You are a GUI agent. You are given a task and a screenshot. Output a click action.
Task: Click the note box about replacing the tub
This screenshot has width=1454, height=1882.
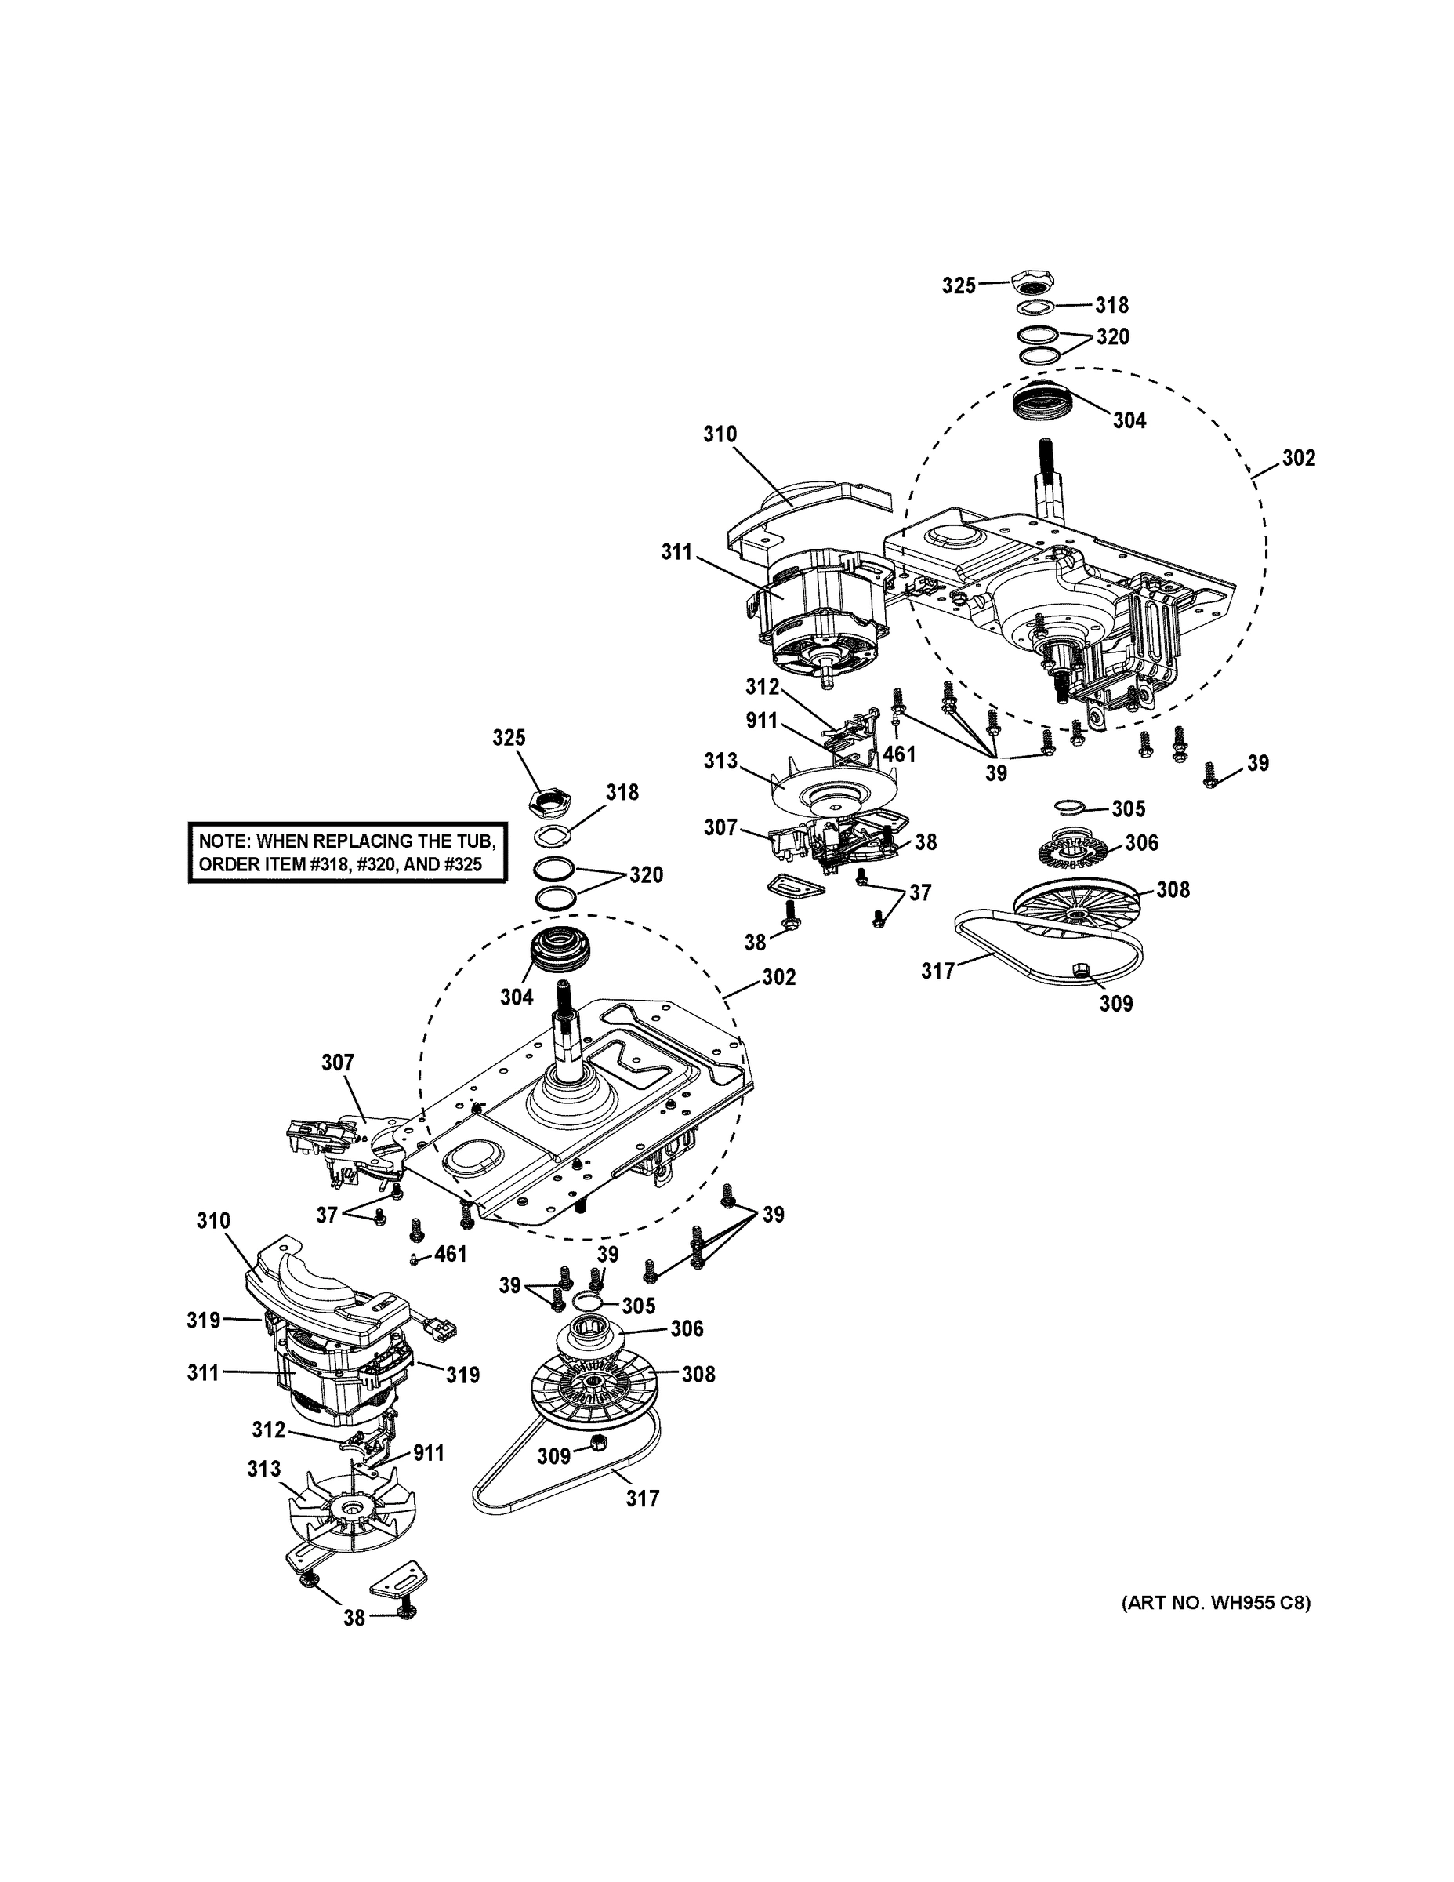tap(347, 852)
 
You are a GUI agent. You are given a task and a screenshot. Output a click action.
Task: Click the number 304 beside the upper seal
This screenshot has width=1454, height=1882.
tap(1129, 420)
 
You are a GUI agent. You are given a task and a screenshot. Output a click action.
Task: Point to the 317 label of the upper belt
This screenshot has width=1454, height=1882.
tap(937, 971)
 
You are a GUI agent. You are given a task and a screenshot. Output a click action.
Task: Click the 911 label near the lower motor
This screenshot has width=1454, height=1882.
tap(428, 1454)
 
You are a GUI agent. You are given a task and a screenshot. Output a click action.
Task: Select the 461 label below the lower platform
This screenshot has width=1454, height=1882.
tap(450, 1254)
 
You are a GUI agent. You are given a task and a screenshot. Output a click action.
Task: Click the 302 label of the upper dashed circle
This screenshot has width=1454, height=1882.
tap(1298, 459)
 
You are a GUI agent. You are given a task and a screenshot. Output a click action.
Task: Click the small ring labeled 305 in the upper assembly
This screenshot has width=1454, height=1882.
tap(1070, 805)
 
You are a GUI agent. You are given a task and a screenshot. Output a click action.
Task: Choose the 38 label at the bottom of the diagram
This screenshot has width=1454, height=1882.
tap(354, 1619)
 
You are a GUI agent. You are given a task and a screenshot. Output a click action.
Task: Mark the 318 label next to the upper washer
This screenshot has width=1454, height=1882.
tap(1111, 305)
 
